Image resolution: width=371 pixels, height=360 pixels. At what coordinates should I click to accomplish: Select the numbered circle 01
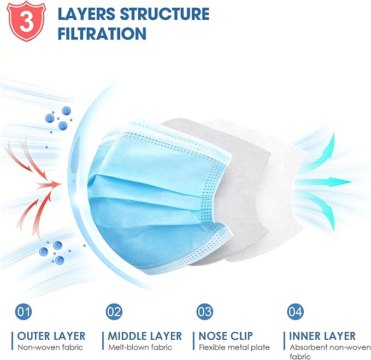(23, 312)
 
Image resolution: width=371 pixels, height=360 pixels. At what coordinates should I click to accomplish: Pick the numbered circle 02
(114, 312)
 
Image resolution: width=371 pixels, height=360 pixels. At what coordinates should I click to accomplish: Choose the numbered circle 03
(205, 312)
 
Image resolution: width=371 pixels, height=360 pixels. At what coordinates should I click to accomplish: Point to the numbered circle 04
(295, 312)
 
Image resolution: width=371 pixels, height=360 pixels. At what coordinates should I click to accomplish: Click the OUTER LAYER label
(51, 336)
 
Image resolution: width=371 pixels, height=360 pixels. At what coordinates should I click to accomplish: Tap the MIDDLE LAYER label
(145, 336)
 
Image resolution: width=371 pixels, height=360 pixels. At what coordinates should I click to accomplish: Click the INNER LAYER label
(322, 336)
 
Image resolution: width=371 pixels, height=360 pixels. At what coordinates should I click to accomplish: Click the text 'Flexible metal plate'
(234, 347)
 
